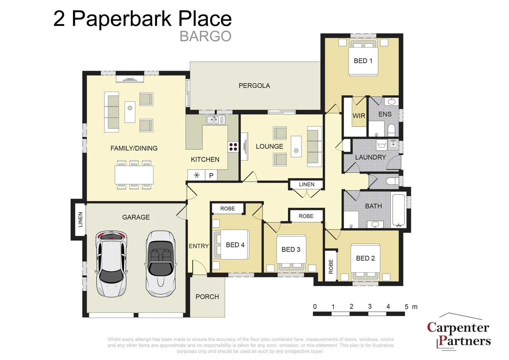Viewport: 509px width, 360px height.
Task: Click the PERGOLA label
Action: (x=254, y=86)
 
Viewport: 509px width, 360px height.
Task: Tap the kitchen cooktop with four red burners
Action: (x=233, y=147)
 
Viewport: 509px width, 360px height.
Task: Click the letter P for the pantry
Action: (x=211, y=175)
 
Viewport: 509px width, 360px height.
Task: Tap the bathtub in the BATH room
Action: (x=398, y=210)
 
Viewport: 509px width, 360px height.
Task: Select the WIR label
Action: (x=359, y=116)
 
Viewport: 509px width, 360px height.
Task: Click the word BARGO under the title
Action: (x=205, y=36)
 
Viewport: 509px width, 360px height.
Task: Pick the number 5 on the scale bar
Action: (x=406, y=307)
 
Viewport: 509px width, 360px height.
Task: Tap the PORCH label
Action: (x=207, y=297)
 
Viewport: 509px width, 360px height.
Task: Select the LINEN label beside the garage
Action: (x=80, y=219)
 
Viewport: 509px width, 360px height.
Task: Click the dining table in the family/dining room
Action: (x=134, y=175)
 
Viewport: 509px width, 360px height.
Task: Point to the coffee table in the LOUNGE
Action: (x=296, y=146)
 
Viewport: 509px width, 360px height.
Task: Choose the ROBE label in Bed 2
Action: (x=331, y=266)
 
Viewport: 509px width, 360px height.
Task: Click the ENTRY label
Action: (x=199, y=246)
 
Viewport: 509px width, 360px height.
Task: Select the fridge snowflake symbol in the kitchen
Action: (x=197, y=175)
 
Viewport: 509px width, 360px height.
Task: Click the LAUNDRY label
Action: (x=370, y=157)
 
